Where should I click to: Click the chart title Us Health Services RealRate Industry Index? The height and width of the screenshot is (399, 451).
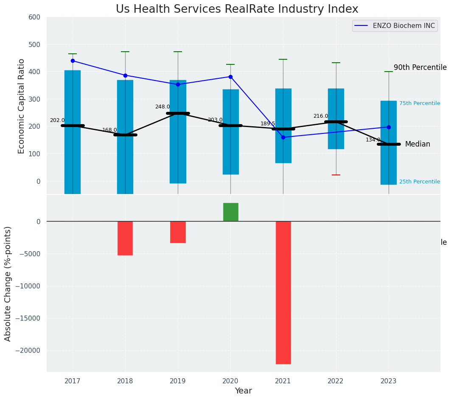(237, 9)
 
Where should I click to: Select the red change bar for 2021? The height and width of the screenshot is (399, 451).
(283, 292)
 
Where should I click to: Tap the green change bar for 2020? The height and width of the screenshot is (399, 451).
(230, 212)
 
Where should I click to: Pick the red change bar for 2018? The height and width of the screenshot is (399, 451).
(125, 238)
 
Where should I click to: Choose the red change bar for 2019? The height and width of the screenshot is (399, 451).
(178, 232)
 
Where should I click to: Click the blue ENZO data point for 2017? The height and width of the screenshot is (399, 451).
(73, 61)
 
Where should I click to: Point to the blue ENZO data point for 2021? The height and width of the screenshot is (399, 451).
(283, 137)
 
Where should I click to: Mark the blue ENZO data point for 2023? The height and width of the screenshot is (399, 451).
(389, 127)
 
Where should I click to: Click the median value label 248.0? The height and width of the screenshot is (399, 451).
(162, 107)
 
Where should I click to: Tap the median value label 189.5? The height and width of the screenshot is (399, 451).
(268, 124)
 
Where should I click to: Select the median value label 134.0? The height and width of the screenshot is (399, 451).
(373, 140)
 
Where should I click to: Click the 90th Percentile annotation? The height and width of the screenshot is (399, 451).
(420, 68)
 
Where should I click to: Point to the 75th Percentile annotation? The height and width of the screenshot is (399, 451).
(419, 103)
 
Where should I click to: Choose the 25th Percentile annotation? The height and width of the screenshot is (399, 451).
(419, 182)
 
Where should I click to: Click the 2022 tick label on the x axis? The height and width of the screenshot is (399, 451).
(336, 380)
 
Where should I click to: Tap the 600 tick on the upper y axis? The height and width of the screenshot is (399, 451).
(34, 17)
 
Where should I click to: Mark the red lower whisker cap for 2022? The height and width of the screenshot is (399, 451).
(336, 175)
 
